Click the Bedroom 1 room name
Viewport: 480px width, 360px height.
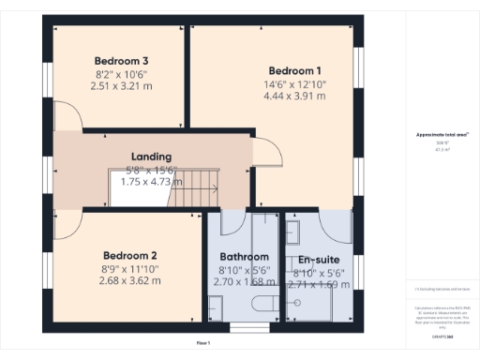click(x=294, y=71)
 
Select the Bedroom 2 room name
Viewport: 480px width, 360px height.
click(x=129, y=256)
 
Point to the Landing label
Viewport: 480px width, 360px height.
click(x=151, y=157)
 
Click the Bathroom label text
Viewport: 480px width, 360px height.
click(x=244, y=257)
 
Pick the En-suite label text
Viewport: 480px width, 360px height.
click(x=319, y=260)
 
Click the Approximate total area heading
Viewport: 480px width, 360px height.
click(x=436, y=136)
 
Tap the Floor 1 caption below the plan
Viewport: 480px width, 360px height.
click(x=203, y=344)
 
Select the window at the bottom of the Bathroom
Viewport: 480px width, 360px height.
click(x=247, y=327)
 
